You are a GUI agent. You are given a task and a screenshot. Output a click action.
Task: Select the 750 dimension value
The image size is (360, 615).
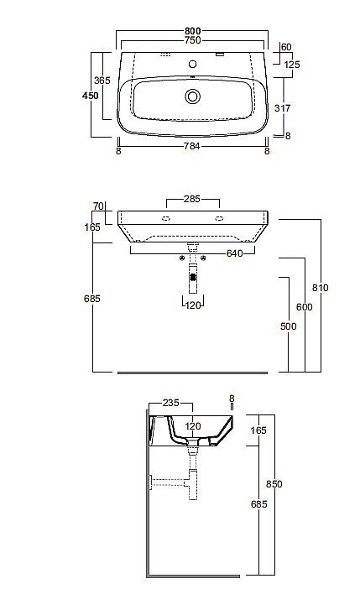[192, 41]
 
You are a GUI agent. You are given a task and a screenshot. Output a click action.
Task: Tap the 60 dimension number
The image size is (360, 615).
[286, 47]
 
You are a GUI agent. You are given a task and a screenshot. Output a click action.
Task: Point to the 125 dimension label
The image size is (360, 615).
[291, 65]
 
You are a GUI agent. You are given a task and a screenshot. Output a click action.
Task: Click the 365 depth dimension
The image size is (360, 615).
[102, 81]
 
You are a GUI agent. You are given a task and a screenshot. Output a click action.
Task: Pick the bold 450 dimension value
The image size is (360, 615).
[90, 96]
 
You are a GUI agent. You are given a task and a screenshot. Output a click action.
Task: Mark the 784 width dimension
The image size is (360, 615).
[193, 152]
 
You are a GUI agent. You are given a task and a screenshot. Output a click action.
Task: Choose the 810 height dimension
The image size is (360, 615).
[319, 288]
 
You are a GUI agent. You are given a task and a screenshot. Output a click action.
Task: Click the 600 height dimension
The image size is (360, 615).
[303, 307]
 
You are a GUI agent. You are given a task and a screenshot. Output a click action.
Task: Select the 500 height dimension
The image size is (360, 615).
[289, 326]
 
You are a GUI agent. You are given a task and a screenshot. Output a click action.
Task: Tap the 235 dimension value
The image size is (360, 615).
[170, 403]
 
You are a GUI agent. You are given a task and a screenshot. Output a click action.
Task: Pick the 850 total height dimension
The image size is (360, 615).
[272, 483]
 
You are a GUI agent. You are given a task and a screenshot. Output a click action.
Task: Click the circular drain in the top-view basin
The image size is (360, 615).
[193, 96]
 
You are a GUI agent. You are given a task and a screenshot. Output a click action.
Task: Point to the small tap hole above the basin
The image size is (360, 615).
[193, 63]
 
